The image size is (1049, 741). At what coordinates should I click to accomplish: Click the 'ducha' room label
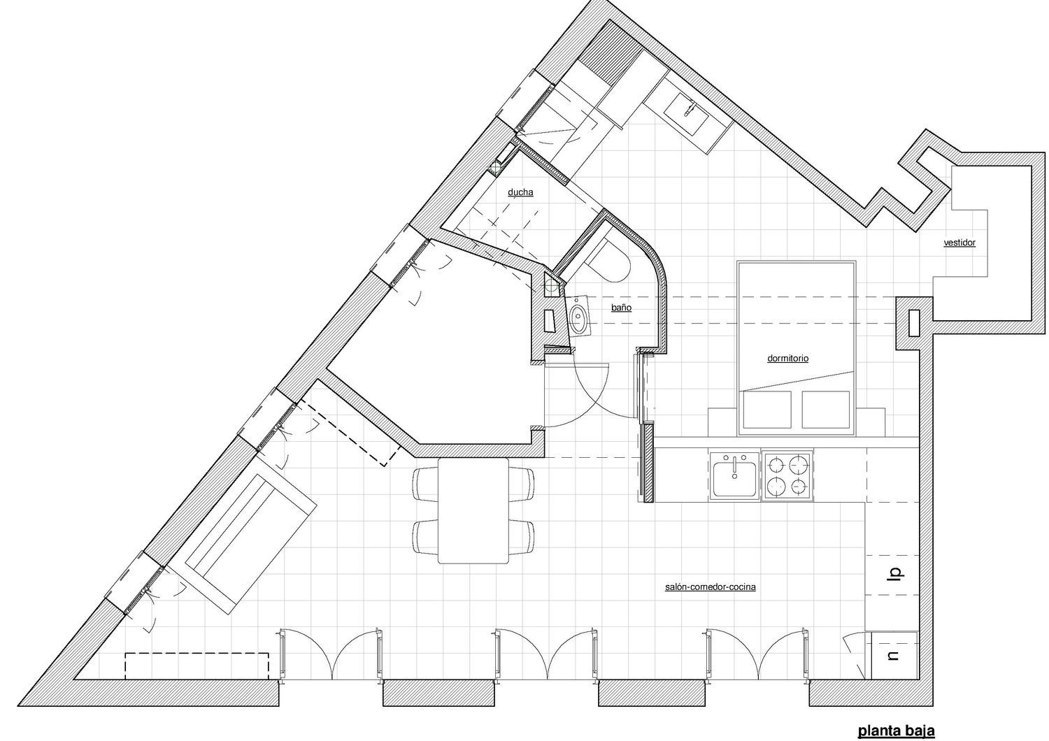tap(520, 192)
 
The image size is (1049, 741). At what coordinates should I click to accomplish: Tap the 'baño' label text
tap(622, 308)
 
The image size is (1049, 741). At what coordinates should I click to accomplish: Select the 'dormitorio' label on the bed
tap(787, 359)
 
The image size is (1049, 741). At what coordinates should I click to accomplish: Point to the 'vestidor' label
tap(959, 243)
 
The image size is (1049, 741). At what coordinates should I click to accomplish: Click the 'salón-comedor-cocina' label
tap(711, 587)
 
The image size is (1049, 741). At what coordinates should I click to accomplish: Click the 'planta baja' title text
tap(896, 731)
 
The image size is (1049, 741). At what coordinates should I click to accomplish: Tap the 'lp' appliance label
tap(895, 574)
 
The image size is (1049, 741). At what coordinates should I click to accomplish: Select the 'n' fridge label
tap(894, 656)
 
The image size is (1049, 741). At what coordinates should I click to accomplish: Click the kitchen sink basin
tap(734, 480)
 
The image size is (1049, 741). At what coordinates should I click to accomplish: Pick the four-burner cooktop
tap(787, 476)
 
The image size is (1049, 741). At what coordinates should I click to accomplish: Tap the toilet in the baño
tap(609, 263)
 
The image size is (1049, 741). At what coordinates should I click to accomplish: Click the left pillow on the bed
tap(768, 410)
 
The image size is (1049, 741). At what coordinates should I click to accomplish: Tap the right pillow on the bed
tap(826, 410)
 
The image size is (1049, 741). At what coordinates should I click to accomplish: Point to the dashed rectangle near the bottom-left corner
tap(197, 666)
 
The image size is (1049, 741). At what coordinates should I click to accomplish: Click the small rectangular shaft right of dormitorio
tap(914, 322)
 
